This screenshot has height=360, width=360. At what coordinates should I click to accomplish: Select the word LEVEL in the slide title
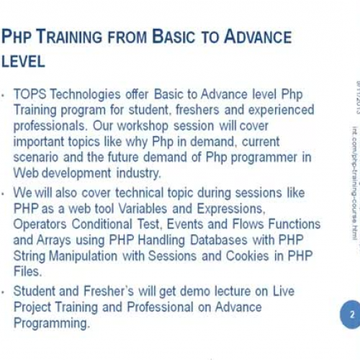(x=24, y=62)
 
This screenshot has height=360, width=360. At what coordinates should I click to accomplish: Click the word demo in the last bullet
(x=170, y=291)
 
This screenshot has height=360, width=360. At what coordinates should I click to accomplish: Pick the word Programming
(x=52, y=323)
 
